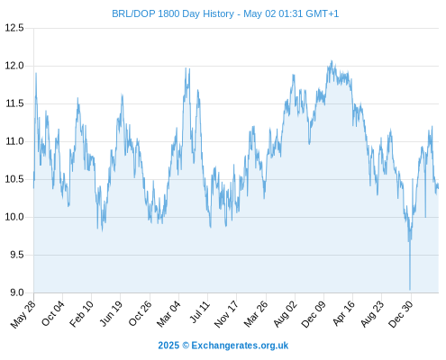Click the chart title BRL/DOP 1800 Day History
coord(173,13)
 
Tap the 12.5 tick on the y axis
coord(14,28)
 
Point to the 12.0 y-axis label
coord(14,66)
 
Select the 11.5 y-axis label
coord(14,103)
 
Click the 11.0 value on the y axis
coord(14,141)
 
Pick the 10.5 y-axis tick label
coord(14,179)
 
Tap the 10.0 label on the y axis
coord(14,217)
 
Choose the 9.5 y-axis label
coord(17,255)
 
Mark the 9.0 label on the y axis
coord(17,292)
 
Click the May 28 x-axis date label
coord(23,314)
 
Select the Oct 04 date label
coord(52,313)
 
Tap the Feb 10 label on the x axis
coord(81,314)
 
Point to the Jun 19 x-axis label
coord(111,313)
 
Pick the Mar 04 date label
coord(168,314)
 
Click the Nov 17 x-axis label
coord(226,314)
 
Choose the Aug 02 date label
coord(285,314)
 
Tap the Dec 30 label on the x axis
coord(401,314)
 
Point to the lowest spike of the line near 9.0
coord(410,290)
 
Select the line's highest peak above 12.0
coord(332,61)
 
